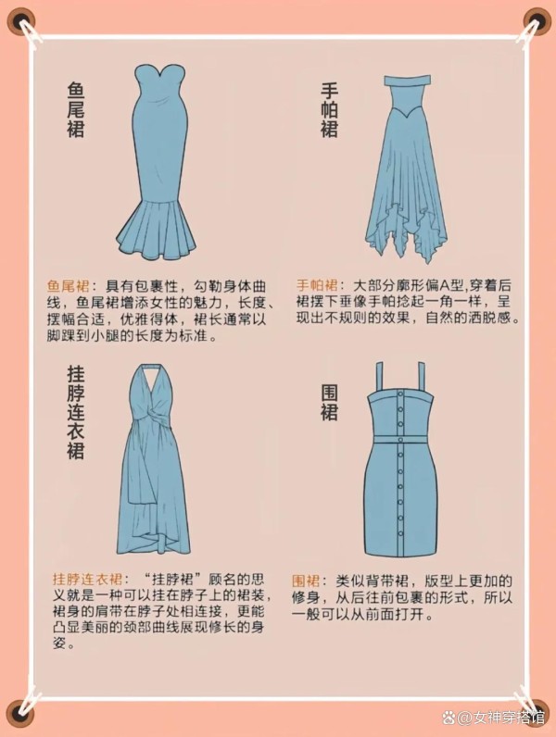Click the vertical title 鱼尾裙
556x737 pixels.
tap(76, 110)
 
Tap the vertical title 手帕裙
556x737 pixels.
tap(329, 110)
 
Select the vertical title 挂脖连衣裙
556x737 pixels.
tap(76, 413)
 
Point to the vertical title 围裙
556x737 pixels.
tap(329, 404)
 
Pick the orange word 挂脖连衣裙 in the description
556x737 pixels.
tap(87, 578)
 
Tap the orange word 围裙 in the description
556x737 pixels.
tap(306, 581)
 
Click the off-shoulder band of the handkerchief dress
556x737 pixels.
tap(408, 81)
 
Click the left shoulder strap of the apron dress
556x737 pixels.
tap(380, 379)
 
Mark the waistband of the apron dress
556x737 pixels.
tap(400, 440)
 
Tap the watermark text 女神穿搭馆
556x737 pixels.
tap(508, 718)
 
